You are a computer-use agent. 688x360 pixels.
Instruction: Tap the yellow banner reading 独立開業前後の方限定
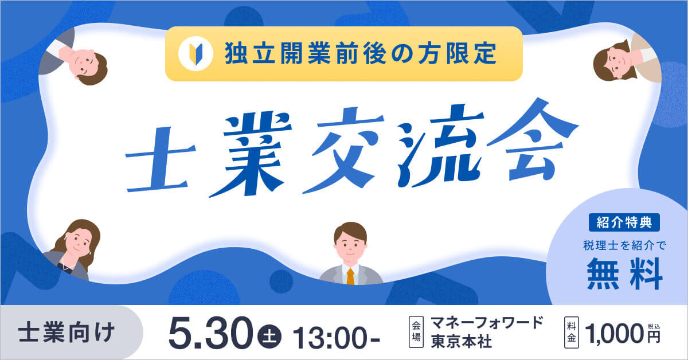click(343, 53)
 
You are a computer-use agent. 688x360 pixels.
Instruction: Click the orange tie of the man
click(350, 276)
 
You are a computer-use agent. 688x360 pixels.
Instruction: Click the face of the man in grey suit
click(350, 244)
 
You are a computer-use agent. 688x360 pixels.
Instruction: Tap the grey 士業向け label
click(66, 332)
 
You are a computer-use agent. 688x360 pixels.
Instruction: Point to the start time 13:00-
click(337, 334)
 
